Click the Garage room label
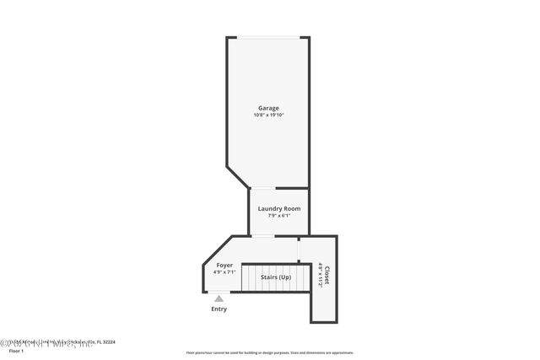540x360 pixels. click(269, 107)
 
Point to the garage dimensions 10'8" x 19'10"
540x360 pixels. click(269, 115)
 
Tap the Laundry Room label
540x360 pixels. click(278, 208)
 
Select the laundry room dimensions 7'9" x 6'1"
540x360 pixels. click(278, 216)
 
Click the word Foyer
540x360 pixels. click(224, 266)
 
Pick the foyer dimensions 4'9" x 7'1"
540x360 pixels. click(224, 272)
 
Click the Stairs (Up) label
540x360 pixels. click(275, 277)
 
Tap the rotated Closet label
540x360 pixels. click(327, 276)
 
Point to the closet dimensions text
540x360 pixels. click(320, 276)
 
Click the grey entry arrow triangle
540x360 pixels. click(219, 298)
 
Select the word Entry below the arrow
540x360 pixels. click(219, 309)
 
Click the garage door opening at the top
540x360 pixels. click(267, 37)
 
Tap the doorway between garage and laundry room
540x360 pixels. click(262, 188)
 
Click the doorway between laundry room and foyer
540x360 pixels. click(263, 236)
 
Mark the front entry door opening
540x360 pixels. click(218, 292)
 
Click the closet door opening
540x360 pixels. click(299, 250)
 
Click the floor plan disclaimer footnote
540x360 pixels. click(269, 352)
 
